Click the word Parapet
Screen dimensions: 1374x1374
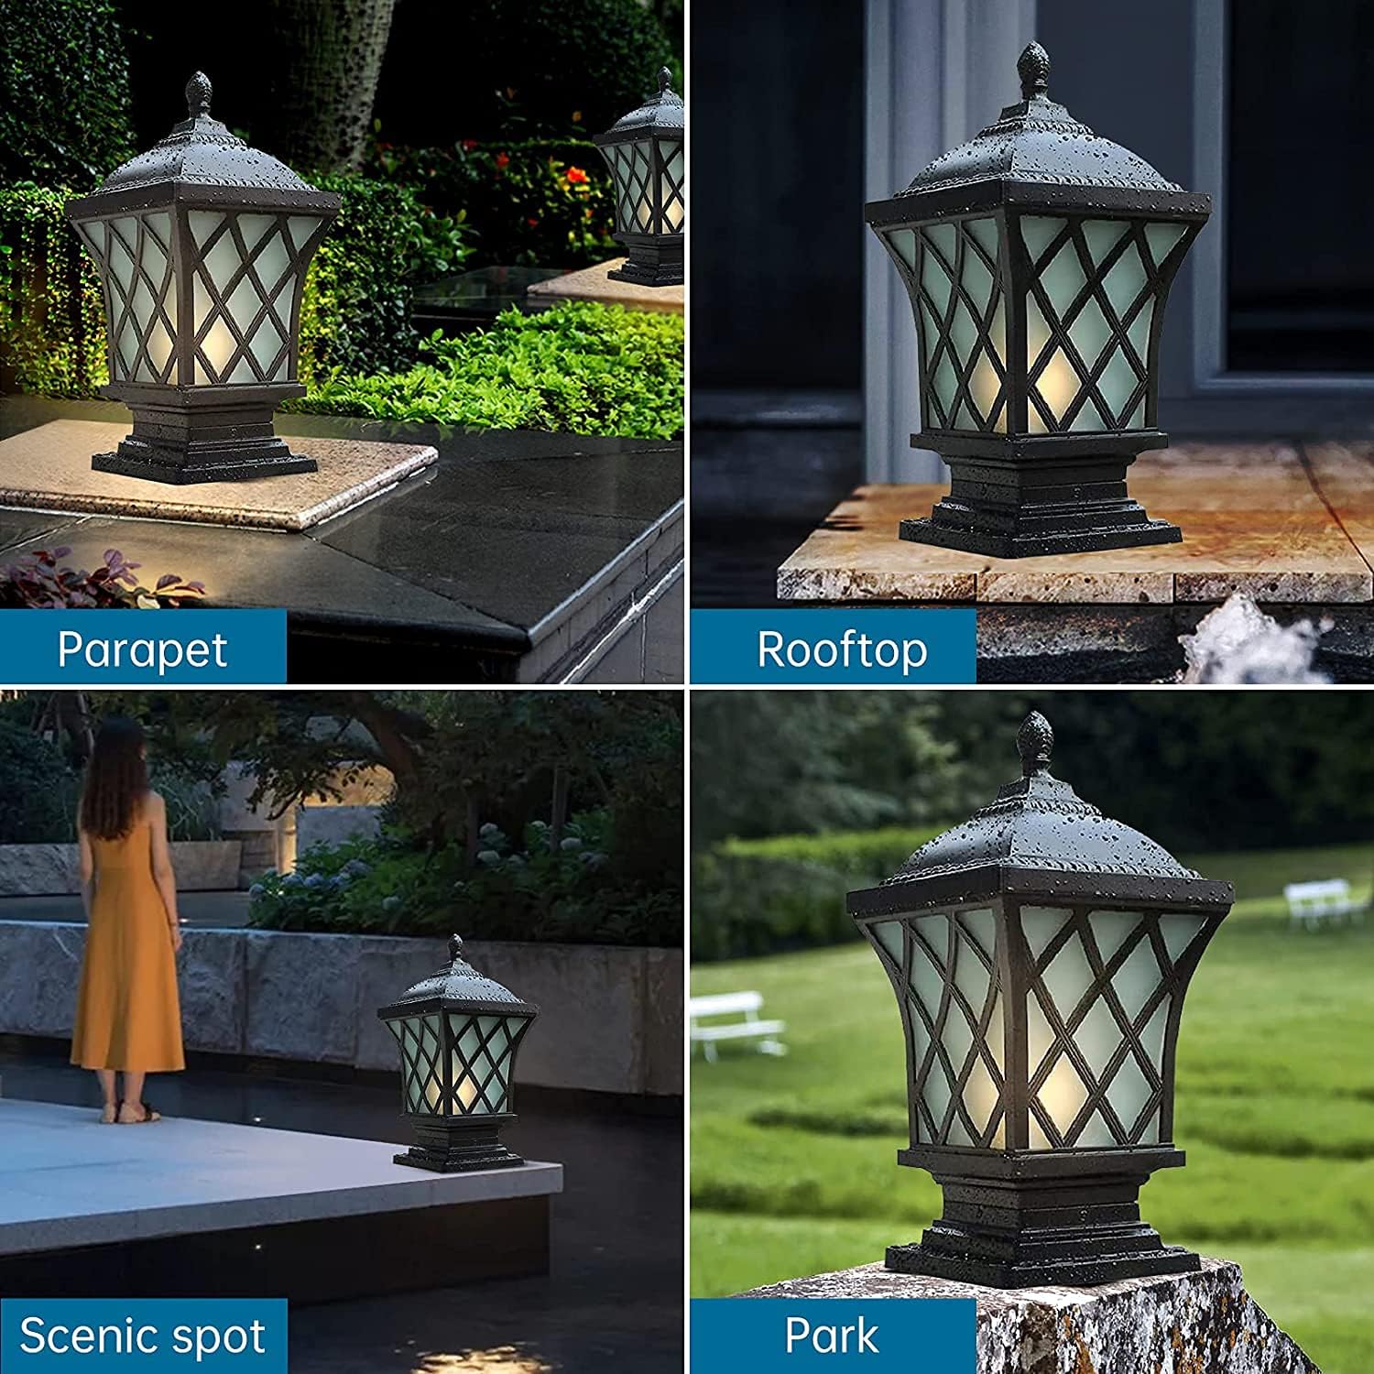point(142,649)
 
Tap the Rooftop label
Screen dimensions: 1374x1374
point(842,649)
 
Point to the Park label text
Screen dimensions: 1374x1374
point(832,1336)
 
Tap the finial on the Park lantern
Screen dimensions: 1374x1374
point(1036,738)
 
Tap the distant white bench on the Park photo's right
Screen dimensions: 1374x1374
point(1319,898)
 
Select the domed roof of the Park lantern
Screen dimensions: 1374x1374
point(1039,834)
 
